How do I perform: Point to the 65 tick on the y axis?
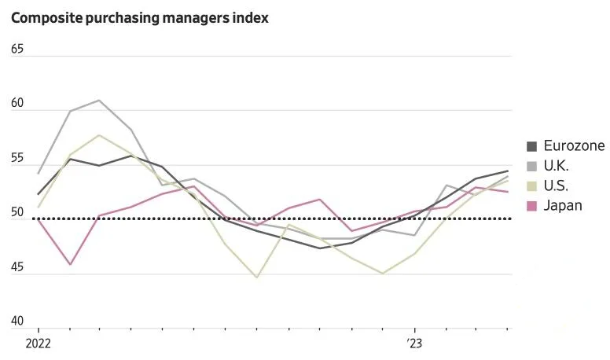pyautogui.click(x=17, y=49)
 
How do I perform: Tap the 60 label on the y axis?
pyautogui.click(x=17, y=104)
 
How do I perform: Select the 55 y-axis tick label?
pyautogui.click(x=17, y=159)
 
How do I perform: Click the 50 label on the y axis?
pyautogui.click(x=17, y=213)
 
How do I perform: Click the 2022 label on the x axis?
pyautogui.click(x=38, y=343)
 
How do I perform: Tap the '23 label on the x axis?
pyautogui.click(x=414, y=343)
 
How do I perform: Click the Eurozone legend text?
pyautogui.click(x=574, y=146)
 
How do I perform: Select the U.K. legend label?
pyautogui.click(x=556, y=166)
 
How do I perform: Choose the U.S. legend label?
pyautogui.click(x=556, y=186)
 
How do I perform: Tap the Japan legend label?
pyautogui.click(x=563, y=206)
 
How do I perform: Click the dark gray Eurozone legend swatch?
pyautogui.click(x=531, y=146)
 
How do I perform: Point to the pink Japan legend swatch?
pyautogui.click(x=531, y=206)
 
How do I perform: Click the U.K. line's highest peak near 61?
pyautogui.click(x=98, y=100)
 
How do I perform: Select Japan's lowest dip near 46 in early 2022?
pyautogui.click(x=70, y=264)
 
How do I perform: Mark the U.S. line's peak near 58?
pyautogui.click(x=98, y=135)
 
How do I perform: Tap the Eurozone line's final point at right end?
pyautogui.click(x=508, y=171)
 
